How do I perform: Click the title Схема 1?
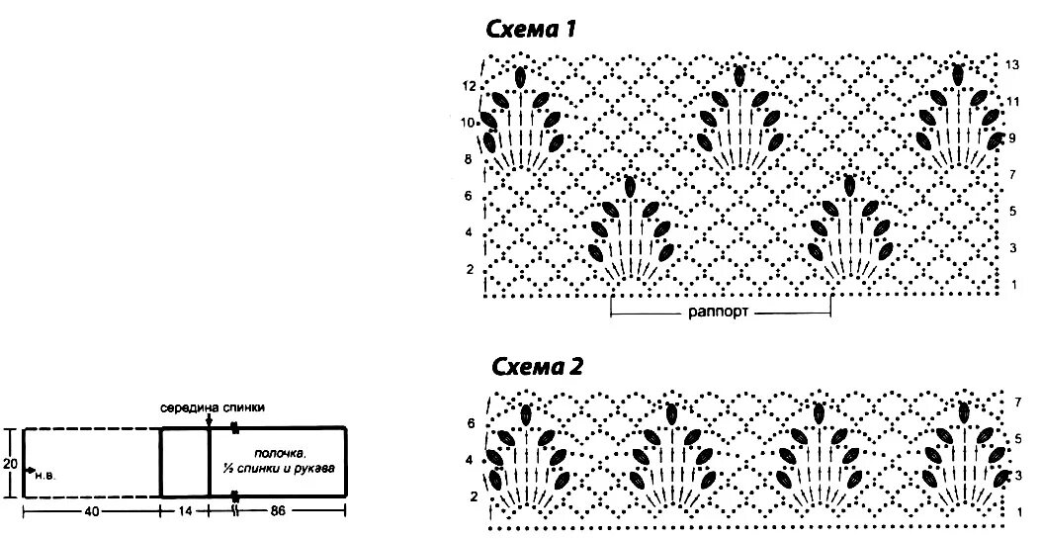click(x=531, y=30)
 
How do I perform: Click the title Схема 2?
click(x=537, y=368)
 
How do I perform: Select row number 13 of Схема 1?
click(x=1012, y=64)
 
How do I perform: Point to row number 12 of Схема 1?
click(x=469, y=87)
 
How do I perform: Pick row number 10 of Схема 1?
click(x=469, y=124)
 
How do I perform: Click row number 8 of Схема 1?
click(x=469, y=159)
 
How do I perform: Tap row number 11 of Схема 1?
click(x=1012, y=102)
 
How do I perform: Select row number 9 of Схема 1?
click(x=1012, y=138)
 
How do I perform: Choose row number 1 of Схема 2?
click(x=1018, y=511)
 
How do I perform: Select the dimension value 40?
click(x=91, y=511)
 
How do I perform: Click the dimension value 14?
click(x=184, y=511)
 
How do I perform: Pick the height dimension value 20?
click(x=10, y=463)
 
